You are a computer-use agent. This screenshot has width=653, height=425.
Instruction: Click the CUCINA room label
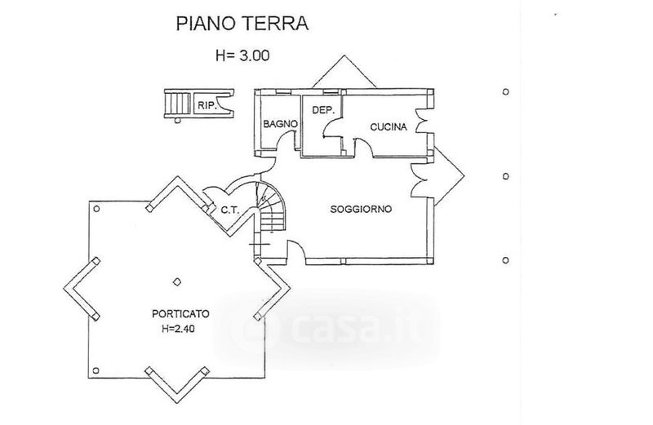(x=389, y=126)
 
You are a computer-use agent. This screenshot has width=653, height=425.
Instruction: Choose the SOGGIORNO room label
(x=361, y=209)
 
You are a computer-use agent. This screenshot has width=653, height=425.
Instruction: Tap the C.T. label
(x=229, y=210)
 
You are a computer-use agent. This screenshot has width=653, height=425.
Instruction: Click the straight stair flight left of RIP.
(x=174, y=104)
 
